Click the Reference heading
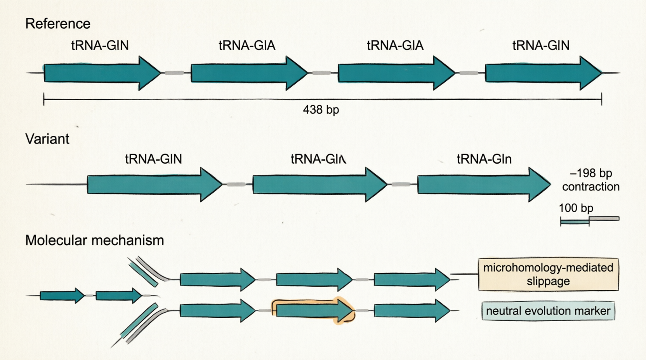point(57,24)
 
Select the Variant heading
point(47,139)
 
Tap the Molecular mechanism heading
point(94,241)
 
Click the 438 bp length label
point(321,110)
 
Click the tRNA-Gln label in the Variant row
point(484,159)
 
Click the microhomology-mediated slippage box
point(548,274)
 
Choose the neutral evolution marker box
point(548,311)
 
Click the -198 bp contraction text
point(590,180)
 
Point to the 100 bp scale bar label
point(576,208)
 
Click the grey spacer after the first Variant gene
point(236,185)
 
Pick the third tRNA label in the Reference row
point(395,46)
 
